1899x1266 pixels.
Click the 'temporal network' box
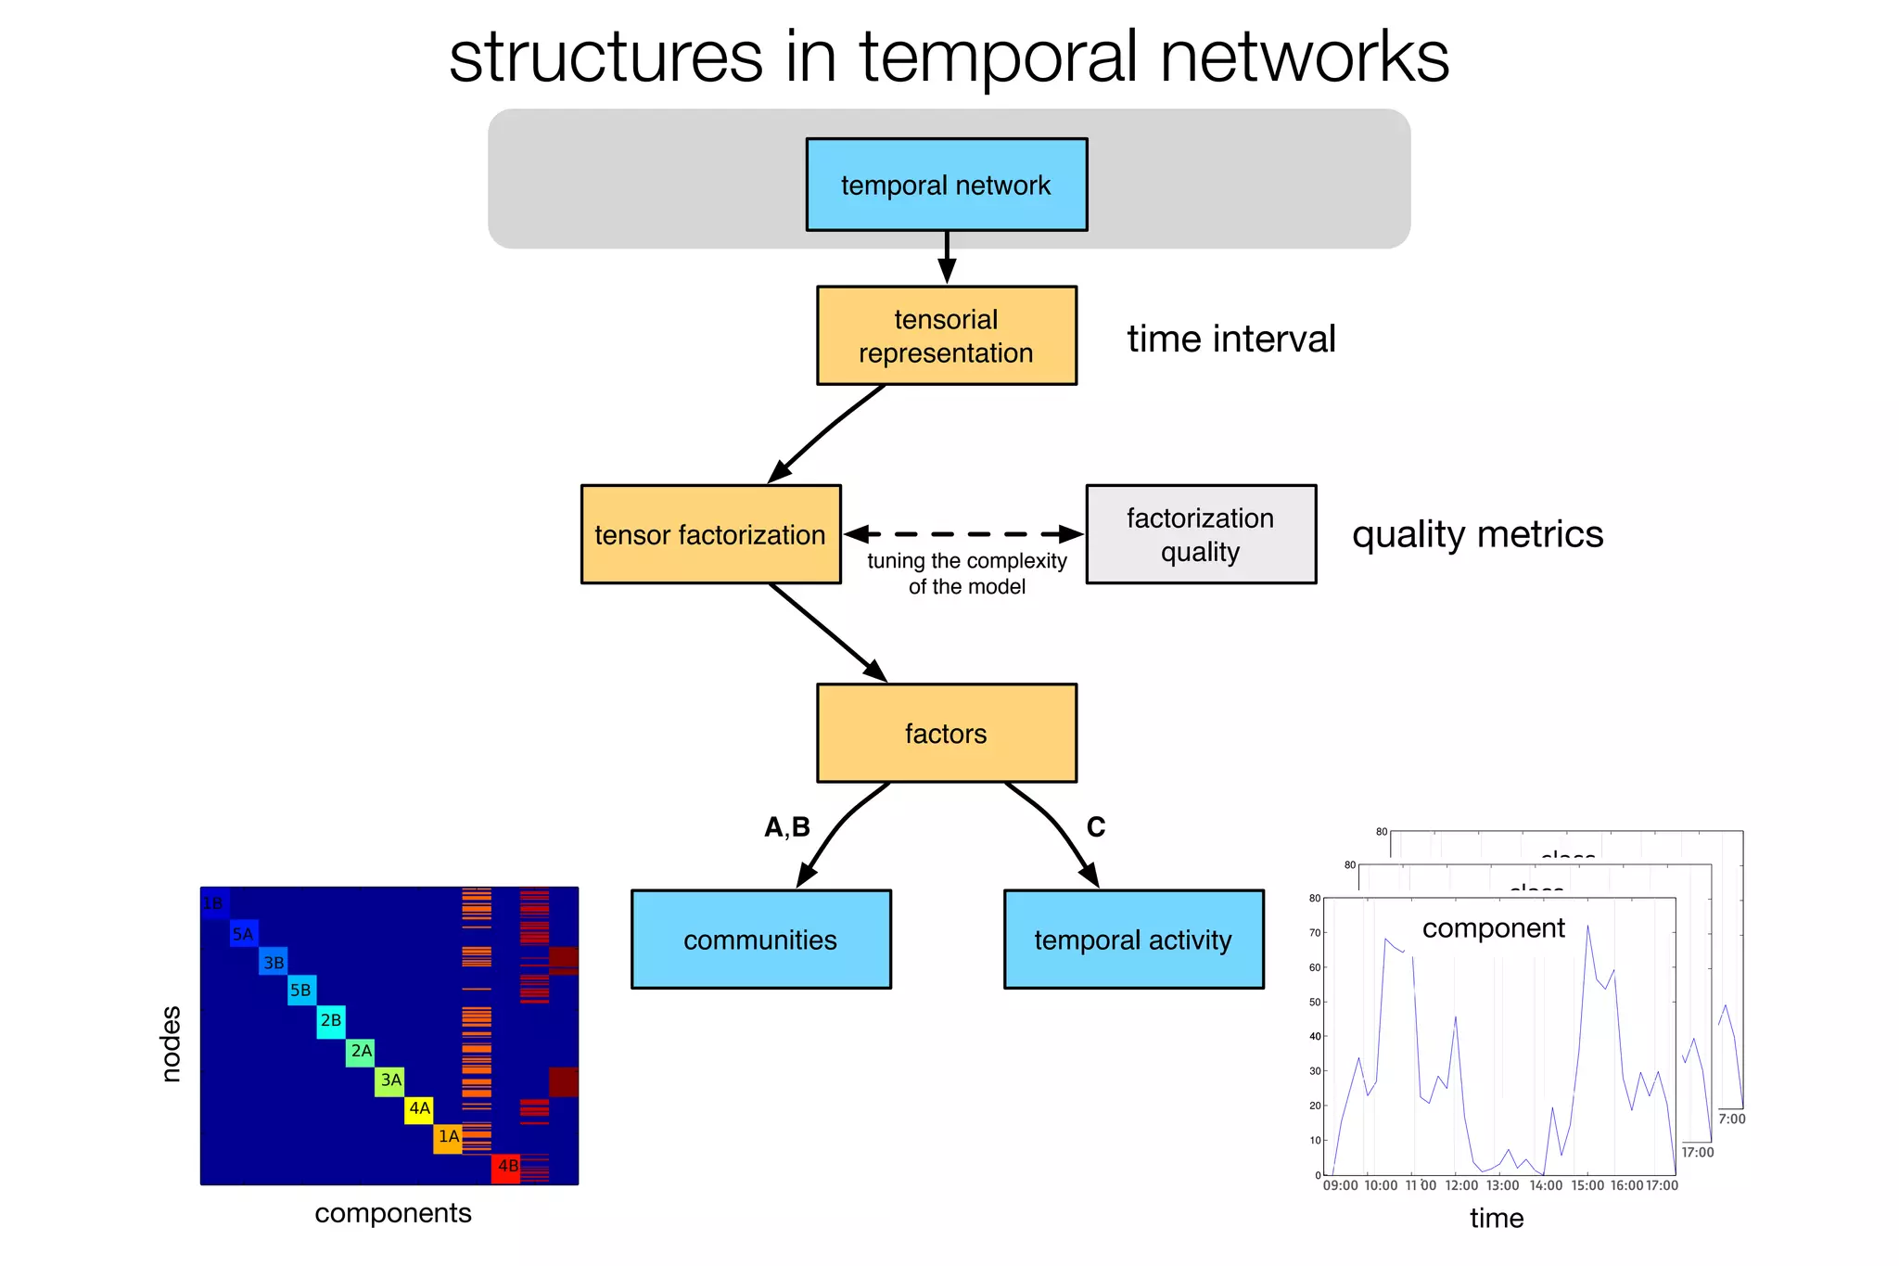coord(946,185)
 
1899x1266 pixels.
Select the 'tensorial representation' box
coord(946,336)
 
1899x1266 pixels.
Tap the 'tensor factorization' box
coord(710,534)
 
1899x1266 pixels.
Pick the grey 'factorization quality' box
coord(1200,534)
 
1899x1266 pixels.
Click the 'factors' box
coord(946,734)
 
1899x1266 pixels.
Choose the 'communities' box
coord(760,940)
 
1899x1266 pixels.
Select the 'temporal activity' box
coord(1133,940)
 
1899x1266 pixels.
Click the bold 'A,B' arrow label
coord(786,827)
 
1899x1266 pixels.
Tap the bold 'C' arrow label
coord(1095,827)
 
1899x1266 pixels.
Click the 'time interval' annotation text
coord(1230,339)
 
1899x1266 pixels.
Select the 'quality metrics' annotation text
coord(1477,535)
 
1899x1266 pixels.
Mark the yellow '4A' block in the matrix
coord(419,1109)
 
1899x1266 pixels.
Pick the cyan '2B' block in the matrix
coord(331,1021)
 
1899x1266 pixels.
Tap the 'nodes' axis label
coord(172,1043)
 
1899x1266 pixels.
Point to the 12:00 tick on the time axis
coord(1461,1185)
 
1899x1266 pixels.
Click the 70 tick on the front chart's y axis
coord(1314,933)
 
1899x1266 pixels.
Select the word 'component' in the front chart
coord(1493,928)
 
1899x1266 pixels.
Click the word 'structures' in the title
coord(605,58)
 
